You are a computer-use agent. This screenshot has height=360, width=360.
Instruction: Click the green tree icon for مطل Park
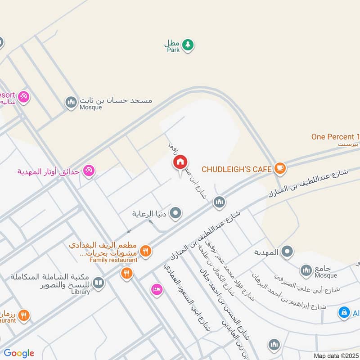click(188, 44)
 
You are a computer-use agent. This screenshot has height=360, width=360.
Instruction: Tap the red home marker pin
click(180, 162)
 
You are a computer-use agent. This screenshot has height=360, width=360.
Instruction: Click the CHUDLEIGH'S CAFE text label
click(237, 169)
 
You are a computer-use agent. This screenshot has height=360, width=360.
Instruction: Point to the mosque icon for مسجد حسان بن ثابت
click(71, 103)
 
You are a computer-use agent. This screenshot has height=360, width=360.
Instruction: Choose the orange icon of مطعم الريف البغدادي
click(145, 251)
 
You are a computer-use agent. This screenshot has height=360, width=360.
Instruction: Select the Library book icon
click(98, 283)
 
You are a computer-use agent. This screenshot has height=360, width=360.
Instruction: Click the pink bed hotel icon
click(156, 289)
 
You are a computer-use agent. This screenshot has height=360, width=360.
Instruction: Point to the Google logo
click(18, 353)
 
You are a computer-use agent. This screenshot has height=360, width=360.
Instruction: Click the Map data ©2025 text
click(335, 355)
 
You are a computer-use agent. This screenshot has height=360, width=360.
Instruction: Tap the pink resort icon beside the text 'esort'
click(24, 96)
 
